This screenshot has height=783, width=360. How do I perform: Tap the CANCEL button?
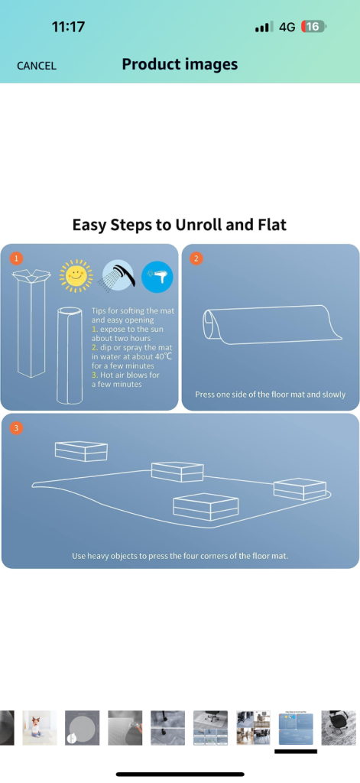(37, 66)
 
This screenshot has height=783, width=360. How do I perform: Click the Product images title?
(180, 64)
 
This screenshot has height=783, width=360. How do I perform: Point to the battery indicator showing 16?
(313, 27)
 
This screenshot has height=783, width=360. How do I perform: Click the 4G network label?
(287, 27)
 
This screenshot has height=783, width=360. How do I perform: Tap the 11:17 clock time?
(68, 27)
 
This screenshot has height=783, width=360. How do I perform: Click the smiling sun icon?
(76, 275)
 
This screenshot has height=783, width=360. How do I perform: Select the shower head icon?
(118, 275)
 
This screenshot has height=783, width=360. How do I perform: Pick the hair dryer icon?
(157, 276)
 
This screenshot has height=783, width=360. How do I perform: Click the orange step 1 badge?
(16, 258)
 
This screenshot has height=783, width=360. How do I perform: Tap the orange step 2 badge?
(196, 258)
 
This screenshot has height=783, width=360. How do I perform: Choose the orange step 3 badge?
(17, 428)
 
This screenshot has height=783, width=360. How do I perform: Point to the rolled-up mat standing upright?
(69, 355)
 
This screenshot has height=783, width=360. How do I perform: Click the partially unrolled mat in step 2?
(273, 324)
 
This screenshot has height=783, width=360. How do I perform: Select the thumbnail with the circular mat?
(83, 728)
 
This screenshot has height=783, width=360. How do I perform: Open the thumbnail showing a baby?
(40, 728)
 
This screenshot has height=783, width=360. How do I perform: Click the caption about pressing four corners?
(180, 555)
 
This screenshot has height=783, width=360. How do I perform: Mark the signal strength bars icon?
(264, 27)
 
